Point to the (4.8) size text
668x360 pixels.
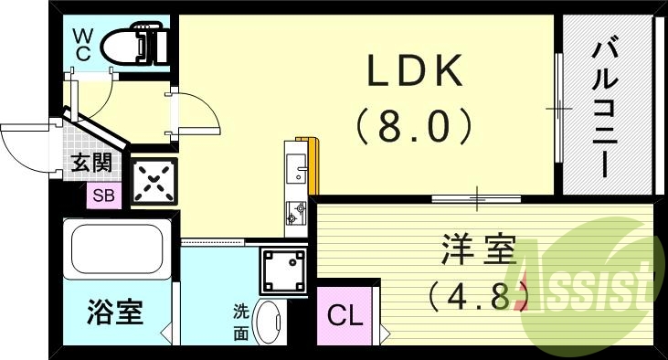[x=478, y=295]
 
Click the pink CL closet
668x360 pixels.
[x=346, y=316]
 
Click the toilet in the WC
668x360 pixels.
[x=133, y=43]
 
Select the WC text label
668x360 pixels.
[x=82, y=44]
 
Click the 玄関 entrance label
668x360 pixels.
[x=91, y=164]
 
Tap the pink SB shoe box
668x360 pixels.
[x=101, y=195]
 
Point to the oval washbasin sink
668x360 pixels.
[x=268, y=322]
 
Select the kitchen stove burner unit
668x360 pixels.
[x=297, y=214]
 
